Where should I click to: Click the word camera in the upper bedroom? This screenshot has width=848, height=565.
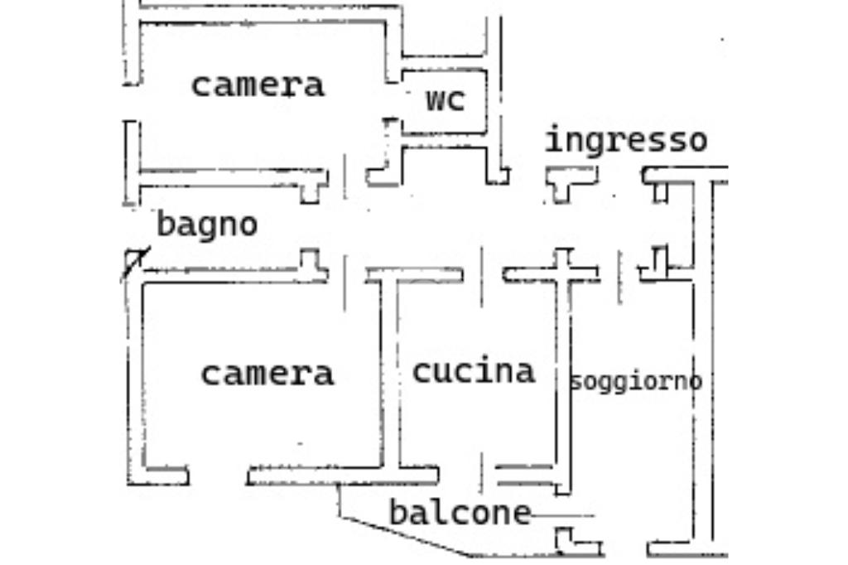tap(258, 86)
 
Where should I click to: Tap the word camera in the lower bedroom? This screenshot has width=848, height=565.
tap(267, 374)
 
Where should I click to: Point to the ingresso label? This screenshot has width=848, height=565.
tap(626, 139)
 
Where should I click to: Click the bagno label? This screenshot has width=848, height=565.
tap(206, 224)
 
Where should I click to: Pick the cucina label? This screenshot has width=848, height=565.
tap(473, 371)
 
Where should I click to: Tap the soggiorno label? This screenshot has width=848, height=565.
tap(636, 381)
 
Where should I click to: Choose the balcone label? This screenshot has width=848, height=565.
tap(460, 512)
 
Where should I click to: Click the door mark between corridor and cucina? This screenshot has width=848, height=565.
tap(482, 277)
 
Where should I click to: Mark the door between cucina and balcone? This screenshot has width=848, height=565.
tap(481, 474)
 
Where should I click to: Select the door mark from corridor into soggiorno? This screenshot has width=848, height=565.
tap(619, 277)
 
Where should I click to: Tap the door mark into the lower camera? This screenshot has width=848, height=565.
tap(344, 283)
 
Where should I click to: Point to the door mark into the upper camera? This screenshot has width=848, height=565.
tap(345, 176)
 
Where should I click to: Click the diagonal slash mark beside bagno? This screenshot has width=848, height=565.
tap(135, 263)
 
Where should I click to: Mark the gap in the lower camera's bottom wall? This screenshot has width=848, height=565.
tap(218, 476)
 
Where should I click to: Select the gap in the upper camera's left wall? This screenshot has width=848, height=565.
tap(132, 103)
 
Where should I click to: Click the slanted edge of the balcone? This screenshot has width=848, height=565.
tap(404, 536)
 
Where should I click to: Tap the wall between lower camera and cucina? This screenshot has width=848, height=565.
tap(390, 374)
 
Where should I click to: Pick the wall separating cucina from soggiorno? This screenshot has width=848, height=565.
tap(563, 374)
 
